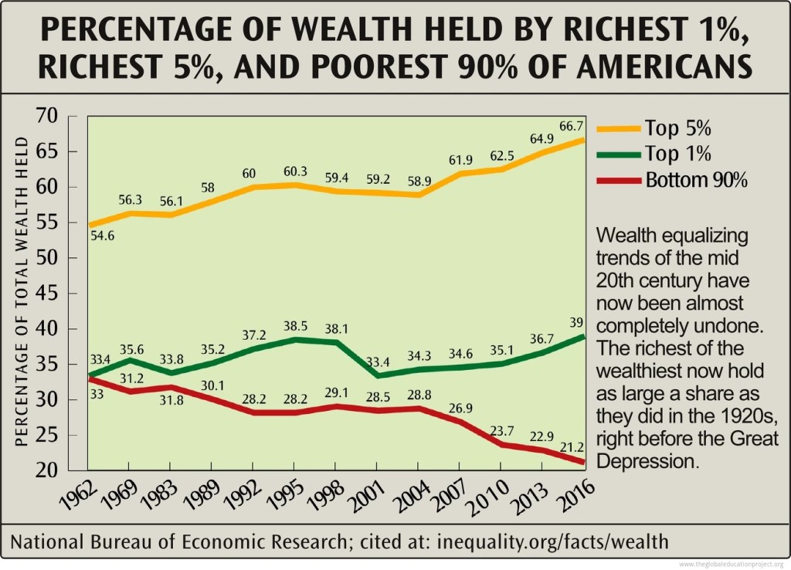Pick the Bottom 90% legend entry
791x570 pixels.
691,180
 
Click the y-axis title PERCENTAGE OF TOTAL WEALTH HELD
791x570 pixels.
22,292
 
